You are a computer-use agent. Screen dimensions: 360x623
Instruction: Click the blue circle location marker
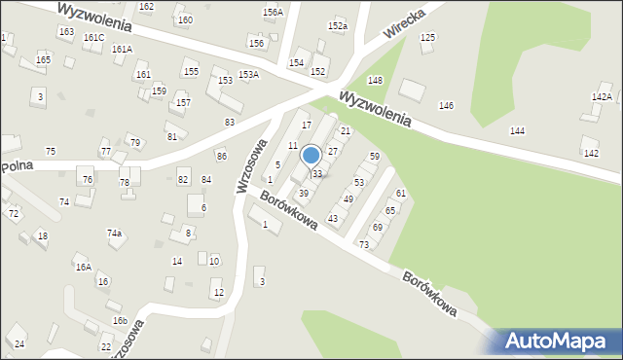311,156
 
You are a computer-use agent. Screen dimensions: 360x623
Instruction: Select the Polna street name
18,166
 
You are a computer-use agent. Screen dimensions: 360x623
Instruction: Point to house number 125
426,37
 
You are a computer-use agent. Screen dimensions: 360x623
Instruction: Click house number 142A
602,97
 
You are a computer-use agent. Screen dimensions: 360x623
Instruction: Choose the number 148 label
375,80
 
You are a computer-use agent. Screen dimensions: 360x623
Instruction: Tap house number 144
517,130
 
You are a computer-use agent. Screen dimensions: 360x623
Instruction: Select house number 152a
338,26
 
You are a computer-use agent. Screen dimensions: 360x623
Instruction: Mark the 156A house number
273,13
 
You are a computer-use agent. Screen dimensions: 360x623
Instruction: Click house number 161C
93,37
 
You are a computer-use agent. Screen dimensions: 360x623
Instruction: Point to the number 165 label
43,60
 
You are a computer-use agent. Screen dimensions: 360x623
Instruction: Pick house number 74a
114,234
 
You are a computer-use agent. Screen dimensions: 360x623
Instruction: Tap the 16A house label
83,267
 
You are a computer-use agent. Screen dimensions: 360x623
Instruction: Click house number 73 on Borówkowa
364,244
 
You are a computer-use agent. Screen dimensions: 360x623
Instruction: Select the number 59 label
374,157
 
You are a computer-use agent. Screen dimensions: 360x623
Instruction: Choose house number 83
230,122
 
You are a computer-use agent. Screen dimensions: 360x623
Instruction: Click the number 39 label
304,194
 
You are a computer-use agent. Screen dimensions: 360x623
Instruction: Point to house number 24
19,344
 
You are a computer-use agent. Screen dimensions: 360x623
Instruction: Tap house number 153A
248,75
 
